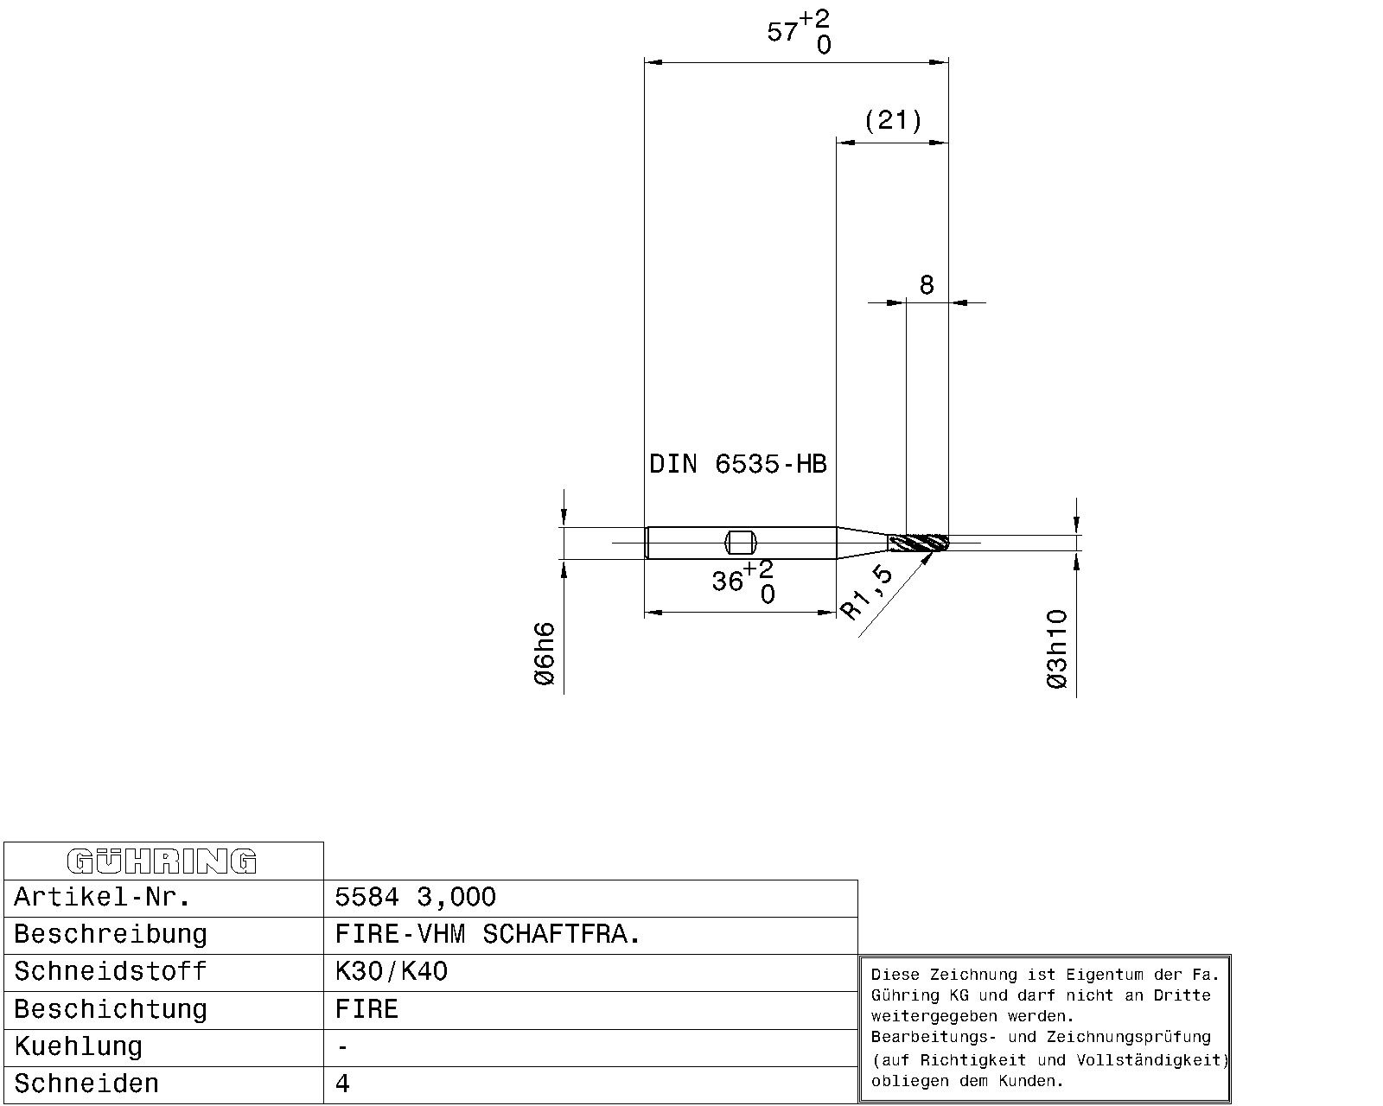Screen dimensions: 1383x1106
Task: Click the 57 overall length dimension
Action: click(x=799, y=32)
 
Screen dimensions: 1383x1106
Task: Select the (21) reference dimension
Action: click(x=893, y=120)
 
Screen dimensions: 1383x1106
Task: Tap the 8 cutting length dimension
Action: click(x=926, y=284)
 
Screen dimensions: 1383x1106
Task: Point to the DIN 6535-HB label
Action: click(x=738, y=463)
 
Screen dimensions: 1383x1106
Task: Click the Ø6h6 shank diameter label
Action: click(x=545, y=653)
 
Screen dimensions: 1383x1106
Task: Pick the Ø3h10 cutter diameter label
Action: click(x=1056, y=650)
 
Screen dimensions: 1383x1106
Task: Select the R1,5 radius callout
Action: click(x=867, y=592)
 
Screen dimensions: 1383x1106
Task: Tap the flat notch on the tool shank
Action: click(x=741, y=543)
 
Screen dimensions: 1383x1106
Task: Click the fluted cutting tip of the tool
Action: click(x=918, y=543)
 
